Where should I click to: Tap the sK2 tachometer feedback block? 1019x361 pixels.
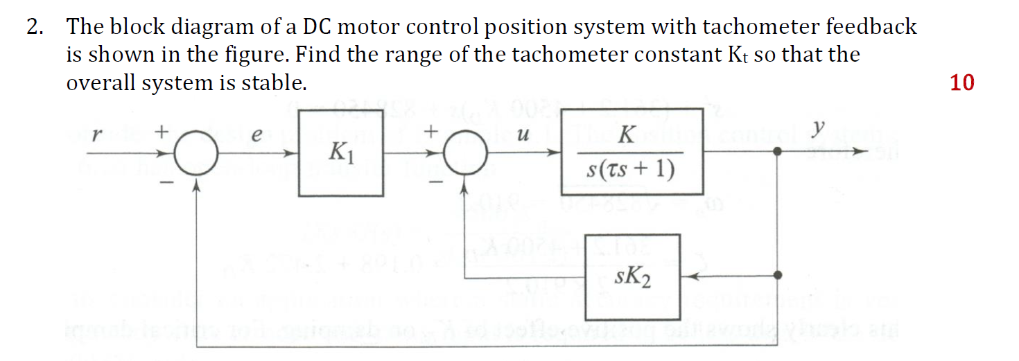(632, 277)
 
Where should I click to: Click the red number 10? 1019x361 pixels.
(962, 83)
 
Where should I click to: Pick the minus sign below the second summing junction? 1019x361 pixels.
(436, 182)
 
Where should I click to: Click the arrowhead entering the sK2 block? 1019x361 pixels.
(687, 276)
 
